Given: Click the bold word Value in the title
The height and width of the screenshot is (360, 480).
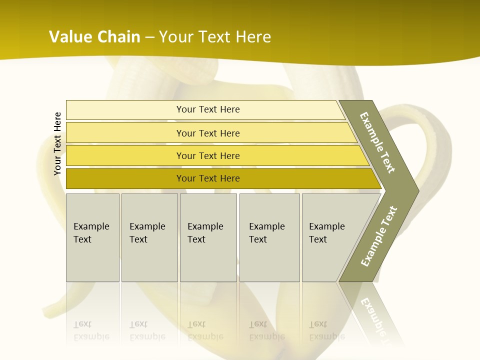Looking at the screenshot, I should coord(70,37).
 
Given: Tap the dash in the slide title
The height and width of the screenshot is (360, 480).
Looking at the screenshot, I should coord(149,37).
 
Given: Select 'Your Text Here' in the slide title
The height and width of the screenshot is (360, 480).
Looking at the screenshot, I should coord(215,37).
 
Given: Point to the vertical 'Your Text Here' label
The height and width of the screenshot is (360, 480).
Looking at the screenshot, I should coord(57,143).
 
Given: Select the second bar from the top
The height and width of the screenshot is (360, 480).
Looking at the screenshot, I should coord(207,133).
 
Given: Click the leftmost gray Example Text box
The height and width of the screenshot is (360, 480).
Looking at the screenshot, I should coord(92,237).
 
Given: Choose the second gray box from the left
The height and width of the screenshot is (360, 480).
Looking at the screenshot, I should coord(149,237).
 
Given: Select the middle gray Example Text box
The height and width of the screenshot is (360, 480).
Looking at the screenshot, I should coord(208,237).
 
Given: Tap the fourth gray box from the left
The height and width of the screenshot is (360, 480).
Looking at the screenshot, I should coord(269,237).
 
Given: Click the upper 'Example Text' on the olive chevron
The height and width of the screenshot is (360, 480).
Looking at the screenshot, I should coord(377,142).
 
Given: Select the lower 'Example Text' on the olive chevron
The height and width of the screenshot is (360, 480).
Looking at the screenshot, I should coord(379,236).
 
